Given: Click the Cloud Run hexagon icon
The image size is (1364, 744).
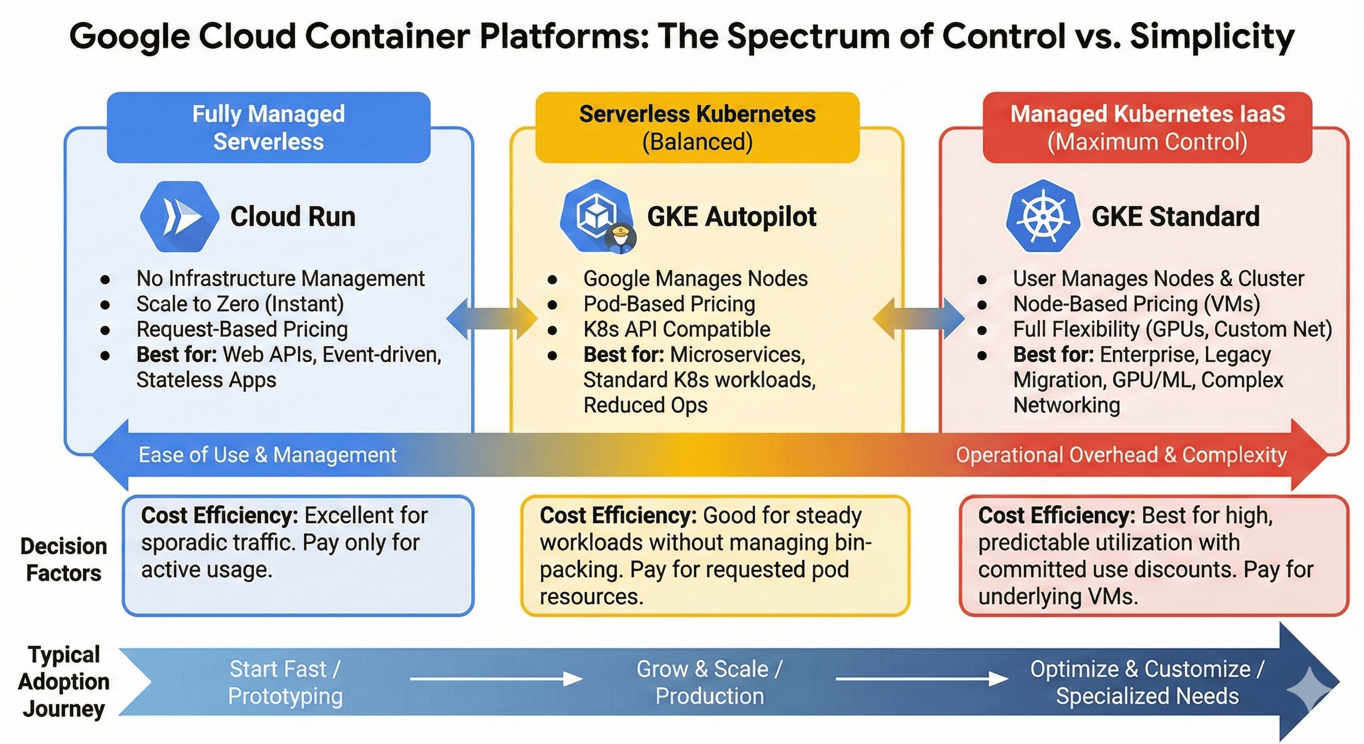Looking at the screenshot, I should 180,217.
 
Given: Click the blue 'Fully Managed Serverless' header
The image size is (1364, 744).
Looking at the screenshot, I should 268,127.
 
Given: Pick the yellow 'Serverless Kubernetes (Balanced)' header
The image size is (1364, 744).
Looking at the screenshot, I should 697,127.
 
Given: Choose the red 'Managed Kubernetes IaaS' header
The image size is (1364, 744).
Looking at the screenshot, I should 1147,127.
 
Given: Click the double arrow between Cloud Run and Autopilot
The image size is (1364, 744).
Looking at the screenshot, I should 492,319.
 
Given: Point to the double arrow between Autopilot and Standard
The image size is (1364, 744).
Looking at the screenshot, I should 918,319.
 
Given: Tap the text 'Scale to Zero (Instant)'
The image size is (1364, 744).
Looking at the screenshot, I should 240,304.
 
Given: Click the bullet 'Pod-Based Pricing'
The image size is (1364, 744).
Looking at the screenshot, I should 669,304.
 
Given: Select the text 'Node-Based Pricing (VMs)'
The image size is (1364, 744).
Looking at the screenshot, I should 1136,304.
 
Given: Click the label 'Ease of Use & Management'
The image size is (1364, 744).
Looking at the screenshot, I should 267,455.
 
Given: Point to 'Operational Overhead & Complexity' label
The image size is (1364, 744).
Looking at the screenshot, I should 1121,455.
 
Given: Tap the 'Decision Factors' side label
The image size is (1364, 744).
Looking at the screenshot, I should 63,559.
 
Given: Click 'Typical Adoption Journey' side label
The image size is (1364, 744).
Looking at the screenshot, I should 63,682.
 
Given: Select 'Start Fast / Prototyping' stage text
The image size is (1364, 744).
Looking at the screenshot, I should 285,682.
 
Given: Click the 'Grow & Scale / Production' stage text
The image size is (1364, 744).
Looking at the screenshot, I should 710,682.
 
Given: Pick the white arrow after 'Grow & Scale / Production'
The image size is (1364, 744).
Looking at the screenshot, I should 921,678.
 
